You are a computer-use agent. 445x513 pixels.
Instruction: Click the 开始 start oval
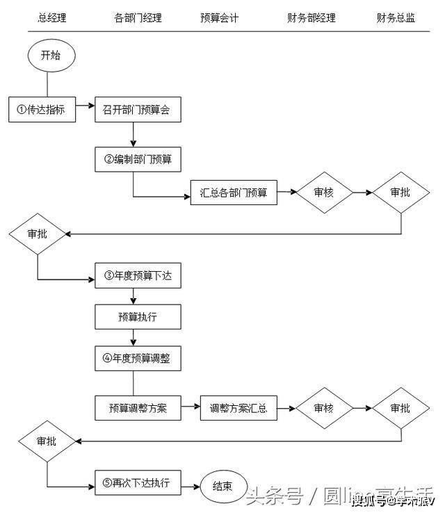(51, 56)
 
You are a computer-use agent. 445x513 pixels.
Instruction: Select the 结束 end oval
(223, 485)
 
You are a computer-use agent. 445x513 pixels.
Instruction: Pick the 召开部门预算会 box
(137, 109)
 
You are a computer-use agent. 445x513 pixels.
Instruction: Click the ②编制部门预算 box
(138, 159)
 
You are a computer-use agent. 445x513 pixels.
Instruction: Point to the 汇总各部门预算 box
(234, 193)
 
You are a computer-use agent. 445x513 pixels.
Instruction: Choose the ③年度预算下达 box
(138, 275)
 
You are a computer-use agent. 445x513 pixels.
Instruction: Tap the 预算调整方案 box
(138, 408)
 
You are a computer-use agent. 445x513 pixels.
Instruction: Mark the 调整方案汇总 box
(238, 408)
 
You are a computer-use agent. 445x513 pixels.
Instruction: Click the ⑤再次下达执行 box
(138, 482)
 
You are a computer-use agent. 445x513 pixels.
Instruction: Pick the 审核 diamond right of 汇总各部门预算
(324, 192)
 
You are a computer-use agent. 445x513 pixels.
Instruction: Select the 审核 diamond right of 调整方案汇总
(324, 407)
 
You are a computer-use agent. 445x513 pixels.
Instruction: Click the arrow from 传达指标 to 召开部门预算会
(85, 106)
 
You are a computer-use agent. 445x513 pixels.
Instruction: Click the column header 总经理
(51, 18)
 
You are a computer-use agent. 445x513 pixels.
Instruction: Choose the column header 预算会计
(219, 18)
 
